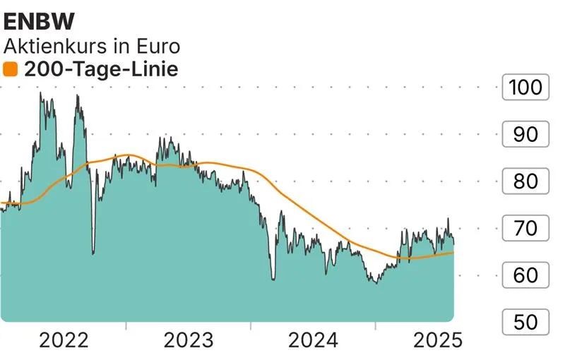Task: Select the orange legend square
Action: pos(10,69)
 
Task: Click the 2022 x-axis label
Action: pos(64,340)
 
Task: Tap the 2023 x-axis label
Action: pos(188,340)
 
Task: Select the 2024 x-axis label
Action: pos(313,340)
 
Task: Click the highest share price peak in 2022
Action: pos(40,93)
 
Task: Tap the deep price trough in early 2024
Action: pos(273,280)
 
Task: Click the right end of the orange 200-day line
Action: pos(453,252)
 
